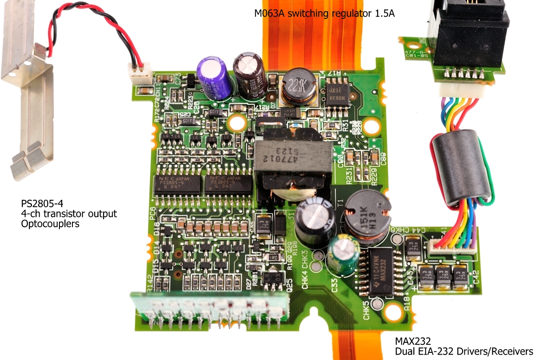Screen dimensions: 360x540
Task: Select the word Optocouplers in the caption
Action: pos(50,224)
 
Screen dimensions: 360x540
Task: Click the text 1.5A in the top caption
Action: pos(384,13)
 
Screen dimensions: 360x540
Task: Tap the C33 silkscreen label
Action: pos(334,285)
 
